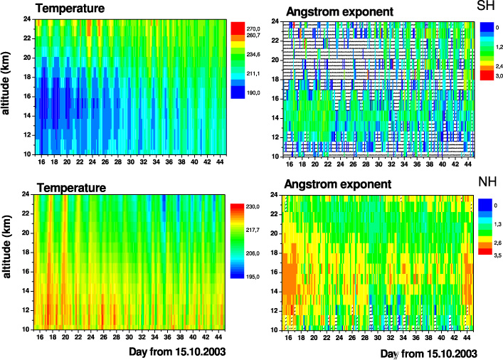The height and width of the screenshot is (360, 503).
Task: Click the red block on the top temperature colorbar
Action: click(238, 28)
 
